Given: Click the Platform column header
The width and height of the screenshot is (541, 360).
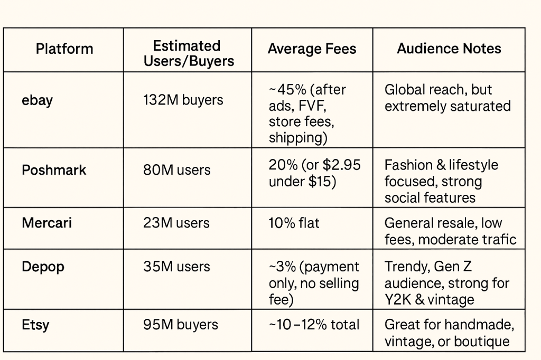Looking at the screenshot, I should click(64, 49).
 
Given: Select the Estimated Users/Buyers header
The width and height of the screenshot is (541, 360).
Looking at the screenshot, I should click(188, 53).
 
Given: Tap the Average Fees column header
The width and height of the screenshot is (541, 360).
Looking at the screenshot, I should click(312, 49).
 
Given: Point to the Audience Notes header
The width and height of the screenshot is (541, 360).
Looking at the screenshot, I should click(449, 49).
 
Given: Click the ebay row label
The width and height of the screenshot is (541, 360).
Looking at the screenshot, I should click(37, 100).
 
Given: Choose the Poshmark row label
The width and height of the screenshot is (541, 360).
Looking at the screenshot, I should click(54, 170).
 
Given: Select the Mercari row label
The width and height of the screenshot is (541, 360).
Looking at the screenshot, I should click(46, 222).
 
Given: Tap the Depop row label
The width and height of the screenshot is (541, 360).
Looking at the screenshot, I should click(43, 267).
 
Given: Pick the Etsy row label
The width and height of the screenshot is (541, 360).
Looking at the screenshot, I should click(35, 324).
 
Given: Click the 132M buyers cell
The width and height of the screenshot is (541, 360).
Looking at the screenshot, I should click(183, 100).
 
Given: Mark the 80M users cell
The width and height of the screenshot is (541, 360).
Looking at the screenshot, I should click(176, 170).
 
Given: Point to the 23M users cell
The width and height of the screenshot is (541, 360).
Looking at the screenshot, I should click(176, 223).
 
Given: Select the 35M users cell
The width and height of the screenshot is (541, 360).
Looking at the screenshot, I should click(176, 267).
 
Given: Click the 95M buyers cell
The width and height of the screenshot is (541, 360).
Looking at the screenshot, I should click(180, 324).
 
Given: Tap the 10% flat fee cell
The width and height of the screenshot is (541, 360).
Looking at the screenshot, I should click(294, 223).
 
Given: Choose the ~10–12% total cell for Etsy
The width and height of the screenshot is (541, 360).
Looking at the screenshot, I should click(314, 325).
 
